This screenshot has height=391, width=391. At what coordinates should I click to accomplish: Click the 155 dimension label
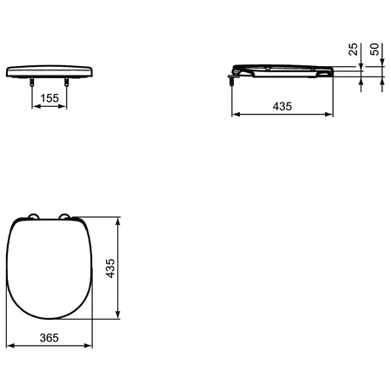[x=50, y=98]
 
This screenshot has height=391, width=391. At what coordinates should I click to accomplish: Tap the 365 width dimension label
[x=50, y=338]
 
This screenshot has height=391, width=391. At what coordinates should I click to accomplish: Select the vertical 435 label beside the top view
[x=110, y=268]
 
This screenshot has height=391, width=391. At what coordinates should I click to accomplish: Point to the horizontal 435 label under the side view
[x=282, y=106]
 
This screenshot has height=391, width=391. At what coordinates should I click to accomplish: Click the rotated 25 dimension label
[x=353, y=50]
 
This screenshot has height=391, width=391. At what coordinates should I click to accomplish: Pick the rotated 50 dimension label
[x=374, y=50]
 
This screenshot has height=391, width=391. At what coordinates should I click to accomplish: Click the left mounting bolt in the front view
[x=32, y=82]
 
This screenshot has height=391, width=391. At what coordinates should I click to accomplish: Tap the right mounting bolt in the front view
[x=67, y=82]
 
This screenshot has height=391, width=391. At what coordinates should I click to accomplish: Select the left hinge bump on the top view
[x=33, y=216]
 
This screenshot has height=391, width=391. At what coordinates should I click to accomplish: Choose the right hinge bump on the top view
[x=64, y=216]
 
